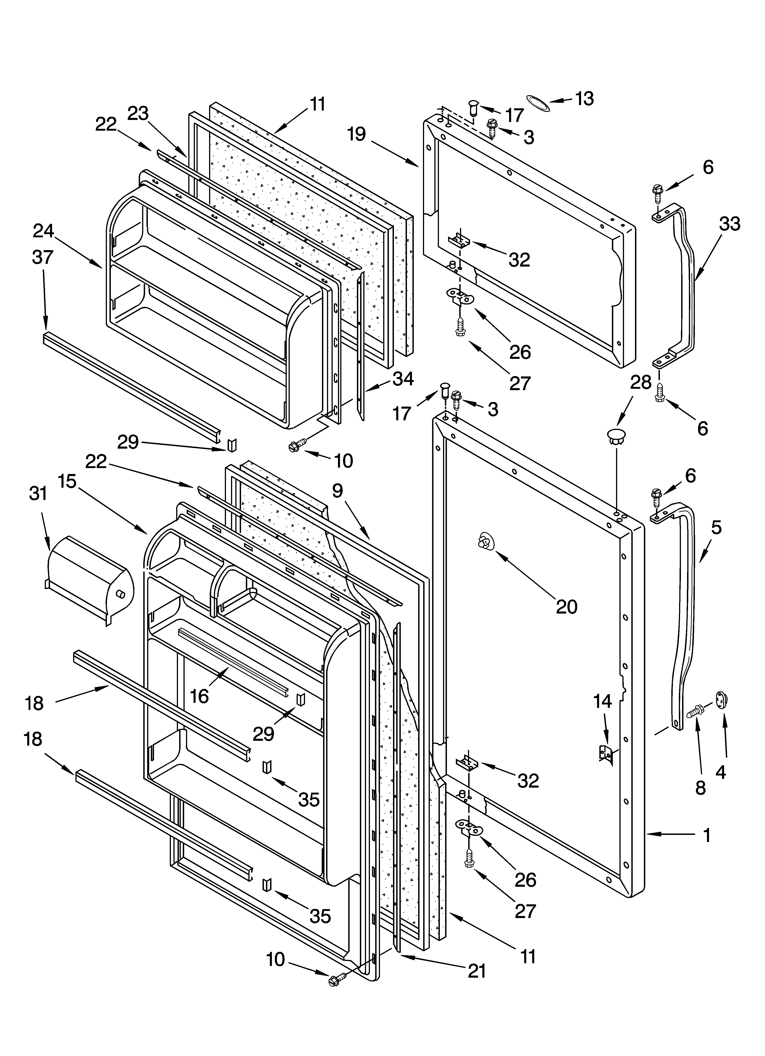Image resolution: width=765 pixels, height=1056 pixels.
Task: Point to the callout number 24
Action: pyautogui.click(x=43, y=231)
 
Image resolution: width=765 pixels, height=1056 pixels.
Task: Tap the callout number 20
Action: pyautogui.click(x=566, y=607)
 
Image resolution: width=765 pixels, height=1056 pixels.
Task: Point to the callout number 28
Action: pyautogui.click(x=641, y=382)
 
